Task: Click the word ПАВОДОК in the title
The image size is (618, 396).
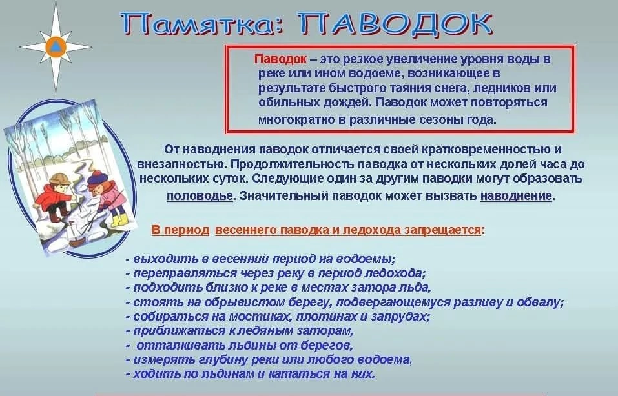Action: point(395,24)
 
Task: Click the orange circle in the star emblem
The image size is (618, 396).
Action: point(56,47)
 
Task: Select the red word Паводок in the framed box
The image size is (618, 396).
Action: point(280,59)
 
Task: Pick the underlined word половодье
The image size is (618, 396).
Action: point(200,195)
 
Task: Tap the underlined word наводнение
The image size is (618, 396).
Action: point(516,195)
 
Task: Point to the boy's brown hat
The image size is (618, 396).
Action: point(59,179)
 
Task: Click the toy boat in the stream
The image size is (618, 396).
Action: point(76,236)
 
